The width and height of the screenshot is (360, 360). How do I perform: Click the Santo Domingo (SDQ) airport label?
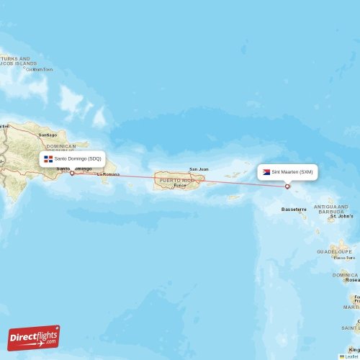pos(79,158)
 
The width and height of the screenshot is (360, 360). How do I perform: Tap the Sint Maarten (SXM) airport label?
pos(292,172)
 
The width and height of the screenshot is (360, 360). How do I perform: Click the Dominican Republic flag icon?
pos(48,158)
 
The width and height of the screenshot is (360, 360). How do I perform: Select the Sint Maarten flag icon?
pos(266,172)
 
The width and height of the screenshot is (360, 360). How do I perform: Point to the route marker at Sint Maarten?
pos(287,186)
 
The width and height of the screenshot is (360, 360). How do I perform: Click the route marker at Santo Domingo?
pos(71,173)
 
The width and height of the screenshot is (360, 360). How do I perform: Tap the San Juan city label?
pos(199,169)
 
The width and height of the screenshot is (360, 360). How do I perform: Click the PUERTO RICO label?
pos(177,179)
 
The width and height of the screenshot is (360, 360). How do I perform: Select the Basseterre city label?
pos(294,210)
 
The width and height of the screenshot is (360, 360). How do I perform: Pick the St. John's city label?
pos(341,216)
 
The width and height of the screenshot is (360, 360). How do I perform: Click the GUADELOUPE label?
pos(333,252)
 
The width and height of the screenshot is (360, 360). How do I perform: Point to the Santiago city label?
pos(48,135)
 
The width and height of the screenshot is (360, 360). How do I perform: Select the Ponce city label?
pos(179,185)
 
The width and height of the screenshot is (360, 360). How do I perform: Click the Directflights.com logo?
pos(34,337)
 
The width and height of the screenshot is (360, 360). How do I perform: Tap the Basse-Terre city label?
pos(341,257)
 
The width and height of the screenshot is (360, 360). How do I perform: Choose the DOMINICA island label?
pos(345,274)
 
